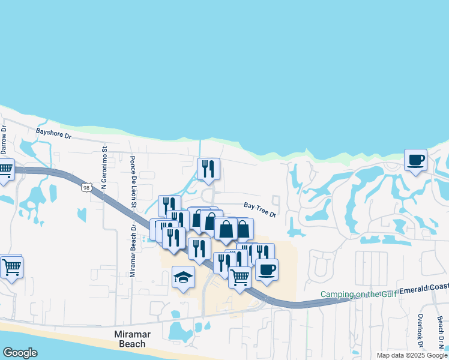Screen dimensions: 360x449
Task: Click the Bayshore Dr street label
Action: (53, 133)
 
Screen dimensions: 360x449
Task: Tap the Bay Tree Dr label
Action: (259, 210)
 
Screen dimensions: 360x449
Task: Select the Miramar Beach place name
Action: (130, 338)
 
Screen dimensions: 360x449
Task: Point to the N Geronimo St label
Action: (104, 170)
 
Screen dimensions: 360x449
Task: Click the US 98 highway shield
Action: (87, 188)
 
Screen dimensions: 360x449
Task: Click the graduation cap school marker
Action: (183, 277)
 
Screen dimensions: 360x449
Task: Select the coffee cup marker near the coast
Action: (415, 160)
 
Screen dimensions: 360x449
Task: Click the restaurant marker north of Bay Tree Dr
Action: (208, 169)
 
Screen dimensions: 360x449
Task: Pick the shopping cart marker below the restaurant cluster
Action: (240, 277)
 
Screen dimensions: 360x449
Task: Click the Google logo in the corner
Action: (20, 353)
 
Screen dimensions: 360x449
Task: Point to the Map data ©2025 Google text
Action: (412, 355)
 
